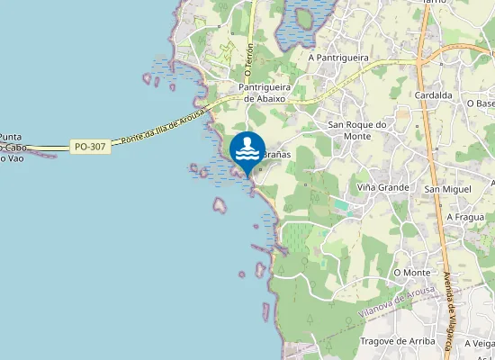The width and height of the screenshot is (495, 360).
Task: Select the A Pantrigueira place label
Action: coord(340,57)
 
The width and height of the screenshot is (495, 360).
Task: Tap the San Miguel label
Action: coord(447,189)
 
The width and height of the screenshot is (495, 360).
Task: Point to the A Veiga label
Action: coord(478,343)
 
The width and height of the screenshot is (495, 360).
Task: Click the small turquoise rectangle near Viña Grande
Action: coord(341,205)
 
